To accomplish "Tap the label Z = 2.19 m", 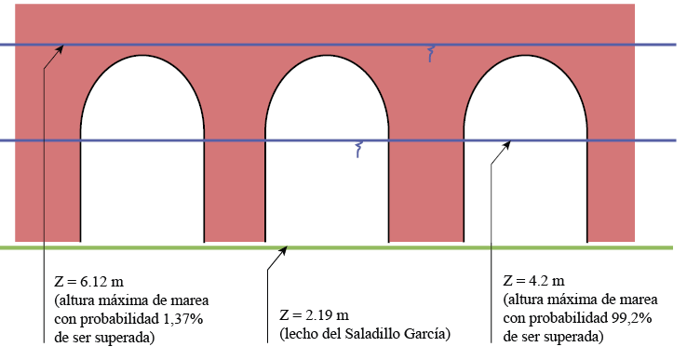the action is [315, 314].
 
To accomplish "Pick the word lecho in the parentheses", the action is [302, 333].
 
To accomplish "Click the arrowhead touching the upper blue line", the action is [61, 48].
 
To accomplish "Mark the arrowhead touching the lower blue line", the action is [506, 145].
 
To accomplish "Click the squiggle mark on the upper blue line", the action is [431, 54].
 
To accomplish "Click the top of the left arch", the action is [141, 58].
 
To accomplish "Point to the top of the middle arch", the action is [328, 58].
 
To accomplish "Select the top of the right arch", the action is [525, 58].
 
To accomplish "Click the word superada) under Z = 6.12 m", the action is [124, 338].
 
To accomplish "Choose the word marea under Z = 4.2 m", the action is [639, 300].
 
